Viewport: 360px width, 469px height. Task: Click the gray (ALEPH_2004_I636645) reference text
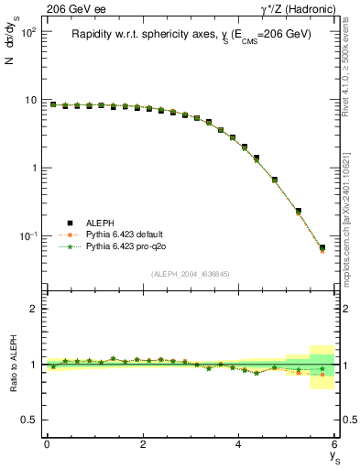click(x=190, y=275)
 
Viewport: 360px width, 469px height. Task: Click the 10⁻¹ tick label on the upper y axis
click(x=27, y=236)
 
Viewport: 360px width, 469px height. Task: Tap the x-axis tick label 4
click(x=239, y=444)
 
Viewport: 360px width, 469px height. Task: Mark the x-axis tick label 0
click(x=47, y=444)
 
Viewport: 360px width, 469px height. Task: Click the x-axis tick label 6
click(x=335, y=444)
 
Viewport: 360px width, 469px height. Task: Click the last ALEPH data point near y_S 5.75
click(x=322, y=247)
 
